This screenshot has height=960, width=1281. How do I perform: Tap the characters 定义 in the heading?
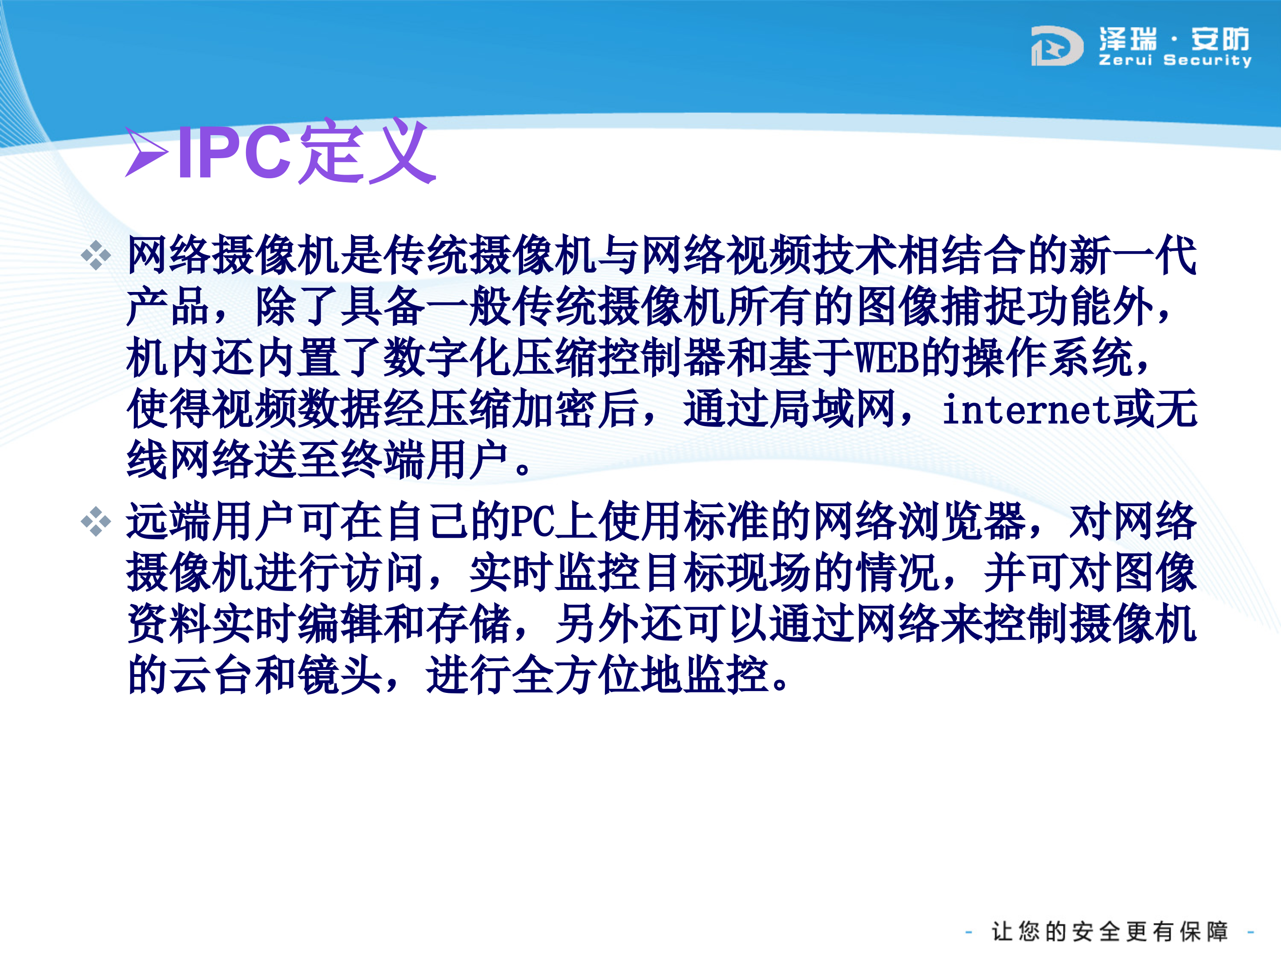point(368,152)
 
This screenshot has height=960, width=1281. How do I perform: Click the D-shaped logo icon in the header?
point(1056,46)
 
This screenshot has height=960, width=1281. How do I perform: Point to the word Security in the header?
point(1208,60)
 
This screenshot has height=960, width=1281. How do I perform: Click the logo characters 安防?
point(1220,40)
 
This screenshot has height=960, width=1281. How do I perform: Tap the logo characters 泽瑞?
point(1128,40)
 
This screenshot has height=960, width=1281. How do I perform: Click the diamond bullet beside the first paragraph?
point(96,255)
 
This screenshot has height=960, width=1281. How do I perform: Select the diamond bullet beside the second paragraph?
point(96,521)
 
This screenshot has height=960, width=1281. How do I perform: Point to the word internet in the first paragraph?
point(1026,410)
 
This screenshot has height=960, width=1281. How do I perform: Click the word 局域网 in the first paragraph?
point(790,409)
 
